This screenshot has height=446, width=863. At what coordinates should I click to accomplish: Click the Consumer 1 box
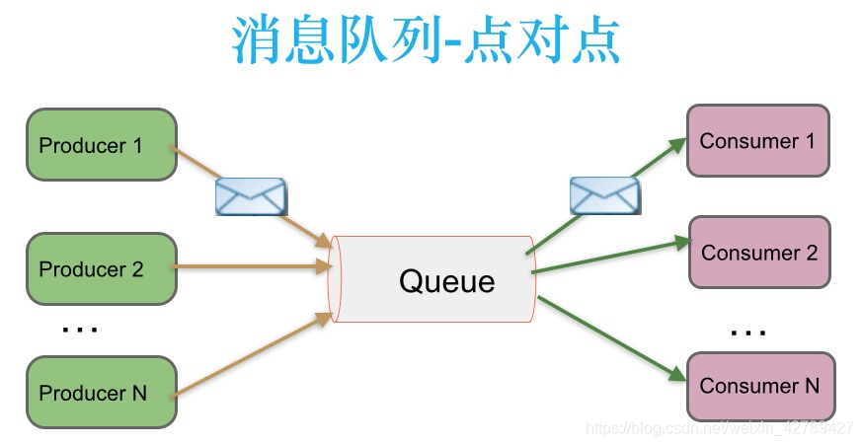(x=757, y=141)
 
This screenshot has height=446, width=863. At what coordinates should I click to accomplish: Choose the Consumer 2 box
(x=759, y=253)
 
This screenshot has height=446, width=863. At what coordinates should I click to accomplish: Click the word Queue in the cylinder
(x=446, y=281)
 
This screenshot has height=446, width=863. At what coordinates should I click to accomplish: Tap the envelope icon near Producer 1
(x=251, y=196)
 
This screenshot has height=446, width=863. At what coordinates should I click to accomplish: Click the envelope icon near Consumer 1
(x=604, y=194)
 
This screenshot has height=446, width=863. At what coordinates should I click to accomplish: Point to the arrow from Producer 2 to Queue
(x=252, y=264)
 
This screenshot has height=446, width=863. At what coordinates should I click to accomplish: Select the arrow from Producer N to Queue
(x=252, y=352)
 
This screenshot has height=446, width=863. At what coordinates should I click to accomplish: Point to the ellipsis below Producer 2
(x=79, y=329)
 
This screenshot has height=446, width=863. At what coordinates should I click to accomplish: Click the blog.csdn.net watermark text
(x=719, y=428)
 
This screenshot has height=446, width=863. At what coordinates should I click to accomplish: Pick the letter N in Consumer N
(x=811, y=386)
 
